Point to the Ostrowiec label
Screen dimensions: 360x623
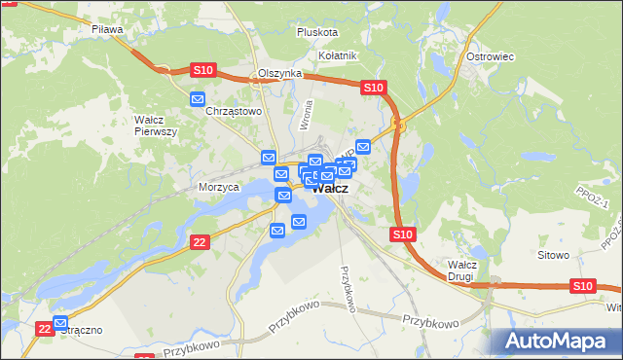490,56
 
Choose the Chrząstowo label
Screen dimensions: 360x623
236,111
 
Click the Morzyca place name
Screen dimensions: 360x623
218,187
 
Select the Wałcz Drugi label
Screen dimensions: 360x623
460,270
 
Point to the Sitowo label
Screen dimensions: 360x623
553,255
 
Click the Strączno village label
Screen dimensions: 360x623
82,331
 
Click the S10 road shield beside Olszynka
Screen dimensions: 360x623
202,70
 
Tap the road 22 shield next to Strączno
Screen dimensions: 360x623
44,330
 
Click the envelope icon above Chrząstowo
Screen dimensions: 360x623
198,98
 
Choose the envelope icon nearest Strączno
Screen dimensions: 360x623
60,323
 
